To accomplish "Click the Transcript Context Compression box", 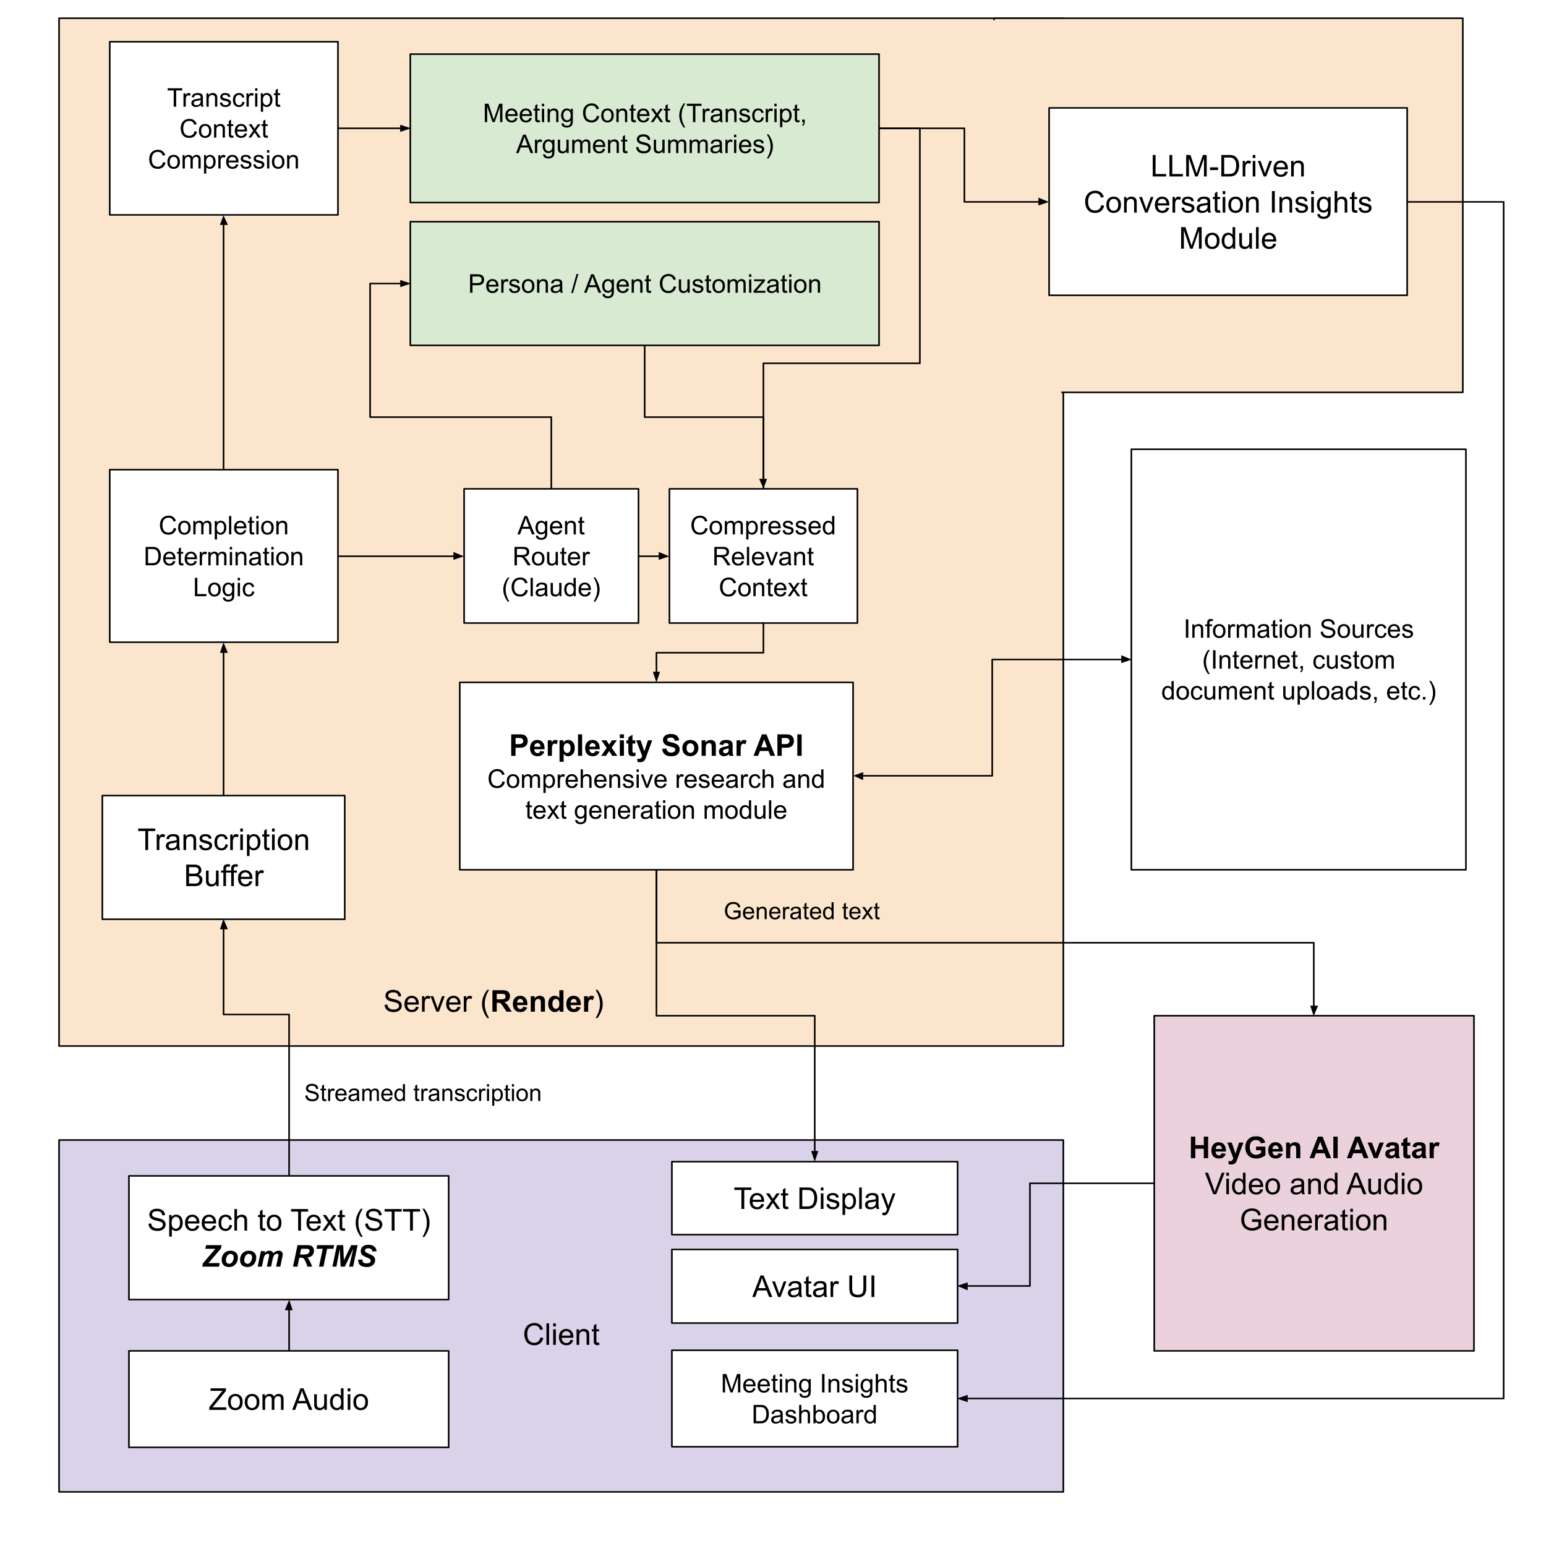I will coord(223,128).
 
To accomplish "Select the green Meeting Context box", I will coord(644,128).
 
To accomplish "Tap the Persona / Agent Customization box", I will coord(644,284).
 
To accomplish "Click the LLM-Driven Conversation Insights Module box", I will coord(1227,202).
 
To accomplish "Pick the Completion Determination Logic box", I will coord(223,556).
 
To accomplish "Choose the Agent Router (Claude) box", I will coord(550,556).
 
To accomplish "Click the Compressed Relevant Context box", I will coord(762,556).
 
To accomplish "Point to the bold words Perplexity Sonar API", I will coord(656,745).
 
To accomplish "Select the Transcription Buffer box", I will coord(223,857).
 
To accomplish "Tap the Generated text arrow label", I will coord(801,912).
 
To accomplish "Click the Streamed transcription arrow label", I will coord(422,1093).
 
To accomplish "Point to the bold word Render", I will coord(542,1002).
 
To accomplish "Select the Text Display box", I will coord(814,1198).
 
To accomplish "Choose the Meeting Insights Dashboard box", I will coord(814,1399).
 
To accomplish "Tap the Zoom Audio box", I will coord(288,1399).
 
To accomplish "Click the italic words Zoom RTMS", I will coord(289,1257).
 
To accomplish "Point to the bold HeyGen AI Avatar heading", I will coord(1313,1148).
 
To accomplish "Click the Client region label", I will coord(561,1335).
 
